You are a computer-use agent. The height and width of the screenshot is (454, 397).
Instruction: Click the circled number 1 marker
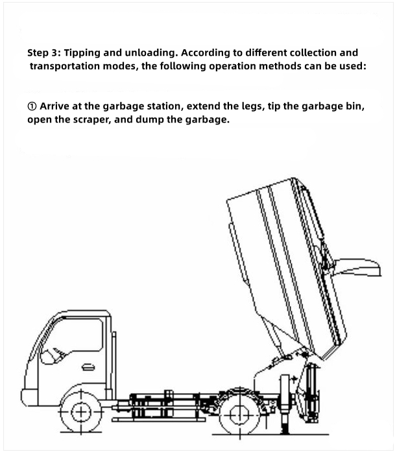click(32, 106)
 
